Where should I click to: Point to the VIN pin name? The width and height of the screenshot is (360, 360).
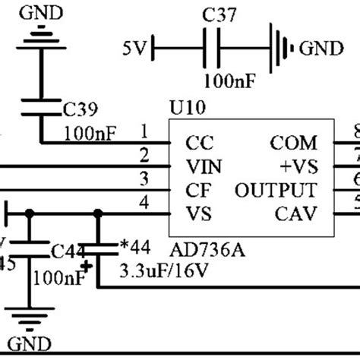204,166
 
